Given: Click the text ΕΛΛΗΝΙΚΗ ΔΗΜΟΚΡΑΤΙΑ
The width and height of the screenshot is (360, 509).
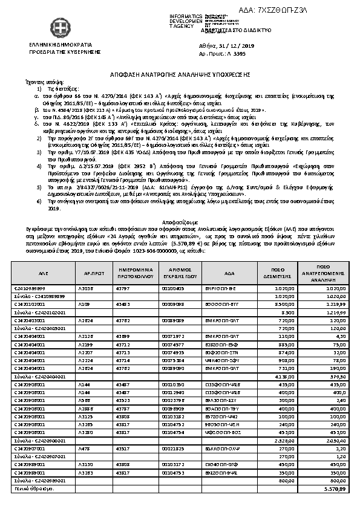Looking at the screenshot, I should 60,45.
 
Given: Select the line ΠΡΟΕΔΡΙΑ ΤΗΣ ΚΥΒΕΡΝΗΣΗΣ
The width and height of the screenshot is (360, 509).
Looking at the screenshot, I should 60,53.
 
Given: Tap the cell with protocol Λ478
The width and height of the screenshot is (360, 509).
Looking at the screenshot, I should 85,450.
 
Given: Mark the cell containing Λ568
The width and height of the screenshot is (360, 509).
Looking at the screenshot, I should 86,400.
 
